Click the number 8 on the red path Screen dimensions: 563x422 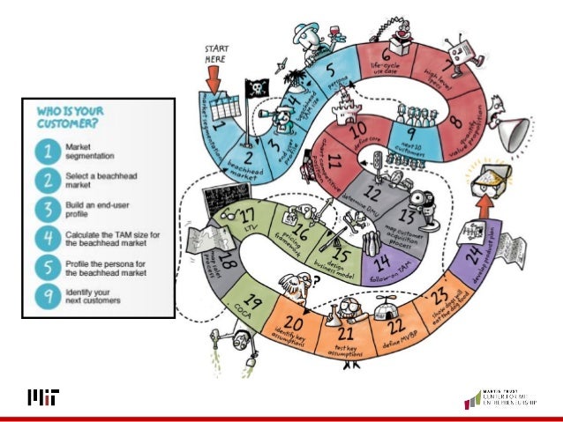click(454, 122)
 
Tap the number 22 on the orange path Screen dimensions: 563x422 click(387, 325)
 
